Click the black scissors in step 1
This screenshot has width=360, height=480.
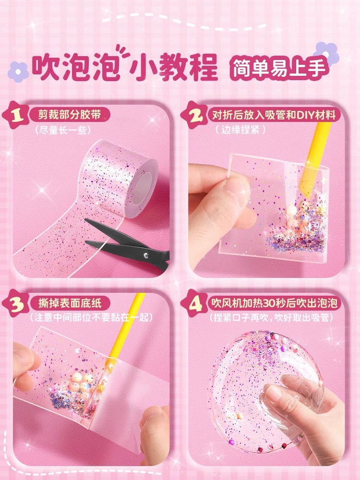coord(130,242)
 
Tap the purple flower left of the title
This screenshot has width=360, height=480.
coord(18,72)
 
